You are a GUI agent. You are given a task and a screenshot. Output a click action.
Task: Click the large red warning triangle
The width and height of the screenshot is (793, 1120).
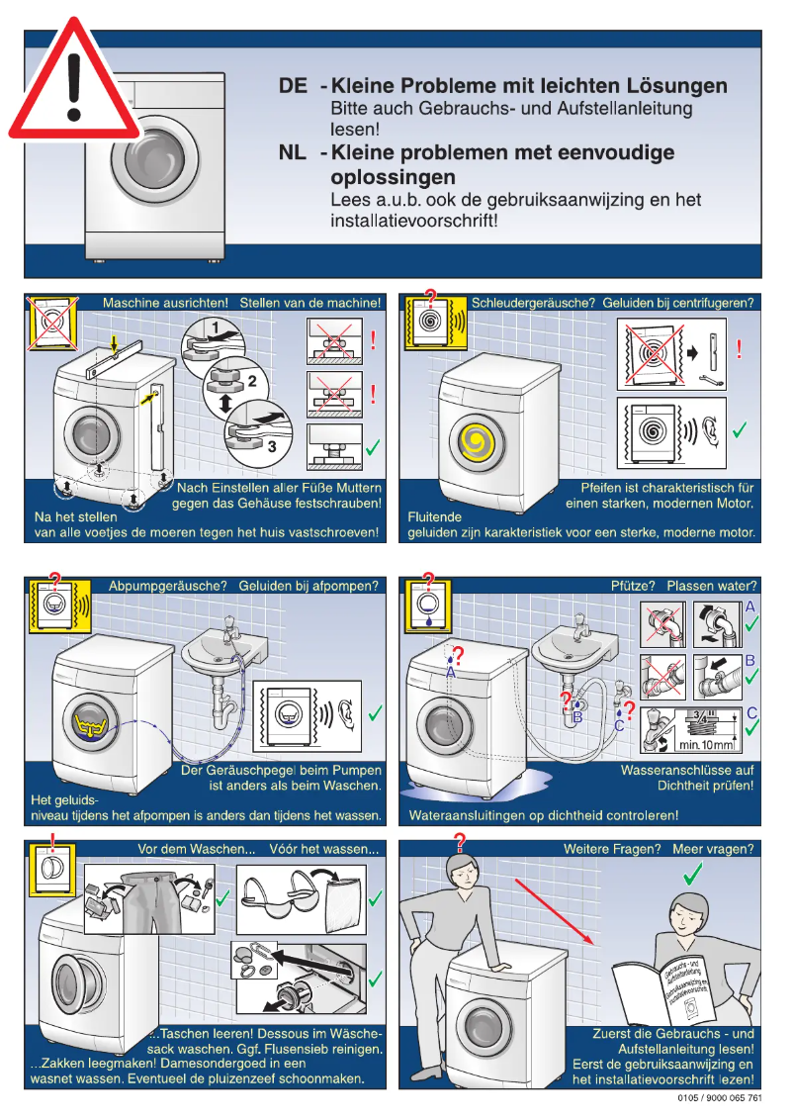(x=74, y=84)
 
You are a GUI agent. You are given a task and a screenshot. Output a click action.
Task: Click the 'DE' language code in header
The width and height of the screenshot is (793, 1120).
(x=293, y=86)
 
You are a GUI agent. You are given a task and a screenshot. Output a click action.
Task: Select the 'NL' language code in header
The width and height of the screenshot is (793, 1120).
(x=293, y=153)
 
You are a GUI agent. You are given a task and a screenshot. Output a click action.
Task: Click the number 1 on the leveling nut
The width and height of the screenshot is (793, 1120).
(x=213, y=327)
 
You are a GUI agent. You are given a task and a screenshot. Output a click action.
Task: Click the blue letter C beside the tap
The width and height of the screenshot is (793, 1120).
(x=620, y=725)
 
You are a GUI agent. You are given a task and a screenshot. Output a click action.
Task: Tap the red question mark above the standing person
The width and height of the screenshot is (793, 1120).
(x=458, y=841)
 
